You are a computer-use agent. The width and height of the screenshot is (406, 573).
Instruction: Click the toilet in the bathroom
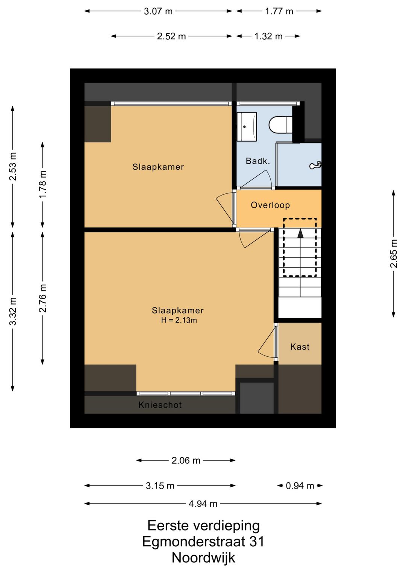point(280,125)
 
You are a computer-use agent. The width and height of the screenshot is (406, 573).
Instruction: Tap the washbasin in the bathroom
point(247,127)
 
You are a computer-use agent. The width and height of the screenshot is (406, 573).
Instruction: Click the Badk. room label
point(258,161)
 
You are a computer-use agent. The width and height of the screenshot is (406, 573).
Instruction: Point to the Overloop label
point(270,205)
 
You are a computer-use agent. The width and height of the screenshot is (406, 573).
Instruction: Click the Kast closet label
point(300,347)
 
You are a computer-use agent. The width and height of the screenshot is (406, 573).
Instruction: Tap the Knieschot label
point(160,405)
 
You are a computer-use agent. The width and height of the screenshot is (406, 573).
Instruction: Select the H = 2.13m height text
point(179,320)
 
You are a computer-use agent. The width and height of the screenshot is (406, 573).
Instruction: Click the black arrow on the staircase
point(300,234)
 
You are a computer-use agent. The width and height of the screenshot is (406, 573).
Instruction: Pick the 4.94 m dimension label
point(203,504)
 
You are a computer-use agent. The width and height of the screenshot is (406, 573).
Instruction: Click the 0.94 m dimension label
point(300,486)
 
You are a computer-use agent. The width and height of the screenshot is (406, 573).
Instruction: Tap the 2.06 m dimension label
point(186,460)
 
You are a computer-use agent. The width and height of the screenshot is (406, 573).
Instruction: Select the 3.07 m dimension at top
point(158,11)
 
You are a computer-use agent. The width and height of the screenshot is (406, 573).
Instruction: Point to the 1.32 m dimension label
point(268,36)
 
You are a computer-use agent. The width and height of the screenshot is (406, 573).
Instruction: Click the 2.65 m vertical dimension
point(393,253)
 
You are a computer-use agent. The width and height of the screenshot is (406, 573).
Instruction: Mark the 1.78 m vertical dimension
point(42,184)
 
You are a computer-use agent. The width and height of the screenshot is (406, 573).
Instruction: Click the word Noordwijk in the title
point(203,558)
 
